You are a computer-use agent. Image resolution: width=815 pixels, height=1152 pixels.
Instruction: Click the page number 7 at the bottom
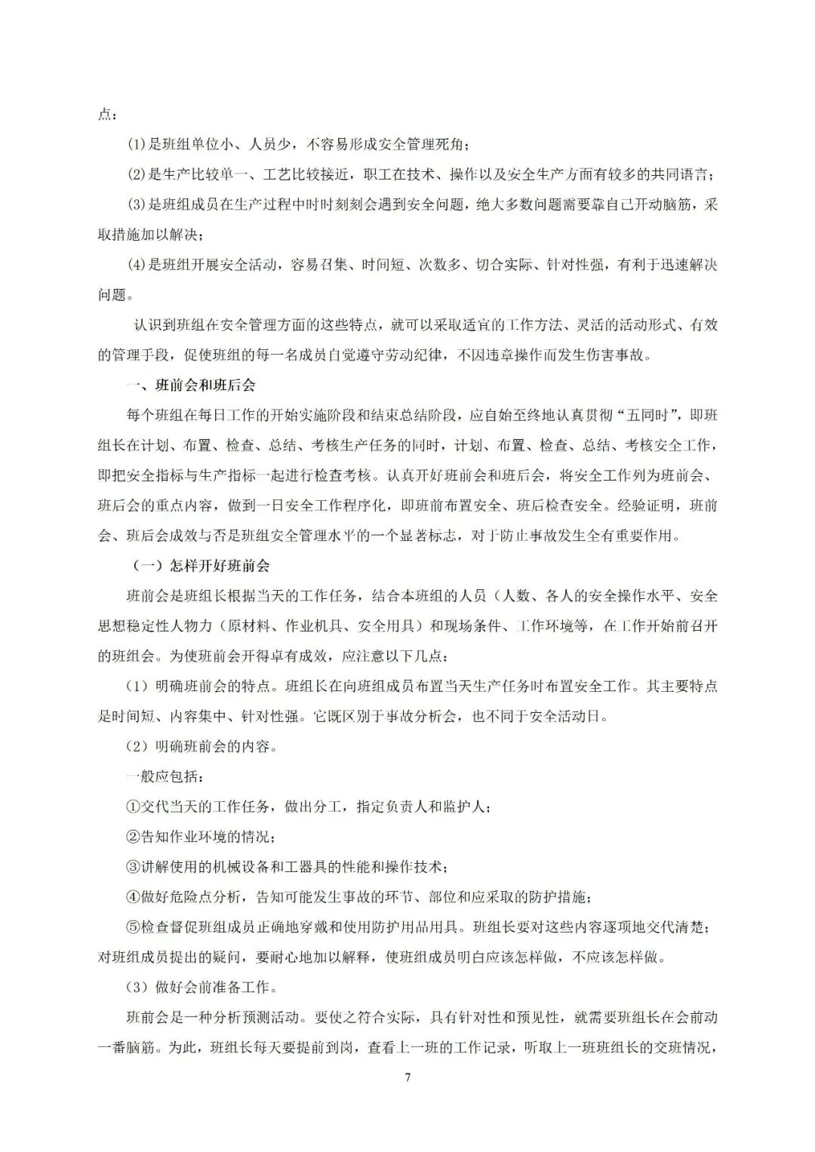(407, 1077)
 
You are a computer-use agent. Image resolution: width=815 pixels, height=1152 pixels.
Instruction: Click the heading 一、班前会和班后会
(192, 386)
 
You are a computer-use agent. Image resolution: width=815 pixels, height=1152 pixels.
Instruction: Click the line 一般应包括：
(165, 776)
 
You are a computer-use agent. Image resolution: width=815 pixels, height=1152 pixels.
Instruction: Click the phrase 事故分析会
(417, 716)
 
